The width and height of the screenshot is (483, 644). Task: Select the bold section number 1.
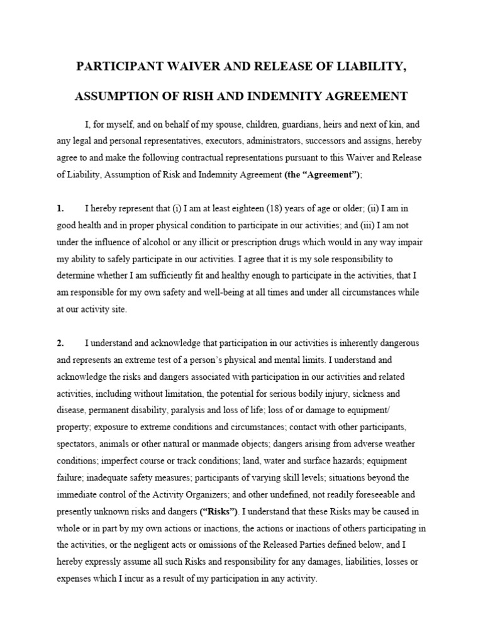60,208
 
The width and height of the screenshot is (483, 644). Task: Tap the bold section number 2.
60,343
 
